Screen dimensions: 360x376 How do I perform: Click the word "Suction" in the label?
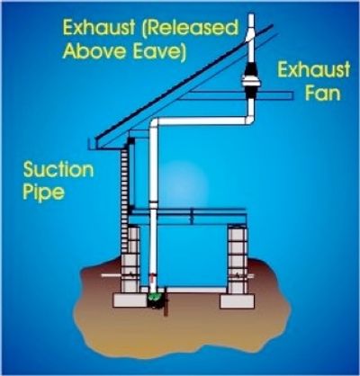[x=58, y=170]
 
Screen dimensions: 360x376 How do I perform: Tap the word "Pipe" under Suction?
[x=44, y=192]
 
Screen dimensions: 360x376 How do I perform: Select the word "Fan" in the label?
[x=323, y=93]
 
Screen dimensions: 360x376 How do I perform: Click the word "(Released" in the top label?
[x=190, y=29]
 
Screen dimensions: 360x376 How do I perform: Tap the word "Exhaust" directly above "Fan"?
[x=313, y=69]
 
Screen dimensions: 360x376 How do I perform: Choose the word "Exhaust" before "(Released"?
[x=99, y=27]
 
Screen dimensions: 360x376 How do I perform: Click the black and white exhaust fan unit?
[x=249, y=82]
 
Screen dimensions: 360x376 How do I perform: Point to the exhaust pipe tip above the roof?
[x=250, y=15]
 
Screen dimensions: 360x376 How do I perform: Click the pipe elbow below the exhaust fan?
[x=248, y=119]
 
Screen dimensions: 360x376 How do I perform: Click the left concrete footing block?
[x=130, y=300]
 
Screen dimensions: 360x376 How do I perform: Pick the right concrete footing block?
[x=238, y=301]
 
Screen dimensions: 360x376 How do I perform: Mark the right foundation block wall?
[x=238, y=260]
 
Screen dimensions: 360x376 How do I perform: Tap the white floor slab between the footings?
[x=195, y=290]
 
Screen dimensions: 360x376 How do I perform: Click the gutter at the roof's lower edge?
[x=92, y=144]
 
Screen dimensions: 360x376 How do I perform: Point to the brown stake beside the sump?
[x=165, y=303]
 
